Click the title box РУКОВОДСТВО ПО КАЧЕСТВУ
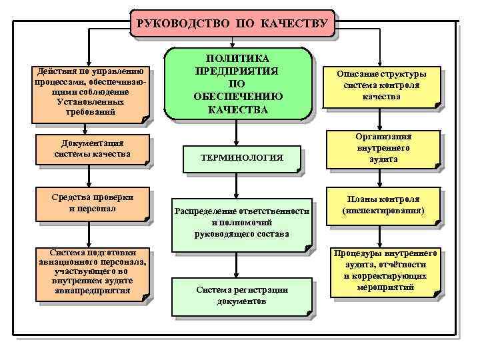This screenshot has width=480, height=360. (x=231, y=24)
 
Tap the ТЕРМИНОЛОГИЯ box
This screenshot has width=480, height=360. (x=241, y=158)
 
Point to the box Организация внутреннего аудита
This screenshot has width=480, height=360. (x=383, y=149)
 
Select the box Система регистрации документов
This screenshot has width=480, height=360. (x=241, y=295)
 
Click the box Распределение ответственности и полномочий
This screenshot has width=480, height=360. (x=241, y=223)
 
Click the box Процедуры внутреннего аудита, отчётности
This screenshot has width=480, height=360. (x=385, y=271)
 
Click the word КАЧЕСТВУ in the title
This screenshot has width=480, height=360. (x=297, y=24)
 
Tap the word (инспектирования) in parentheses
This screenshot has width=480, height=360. (x=383, y=211)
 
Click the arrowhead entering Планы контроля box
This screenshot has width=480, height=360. (x=381, y=187)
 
